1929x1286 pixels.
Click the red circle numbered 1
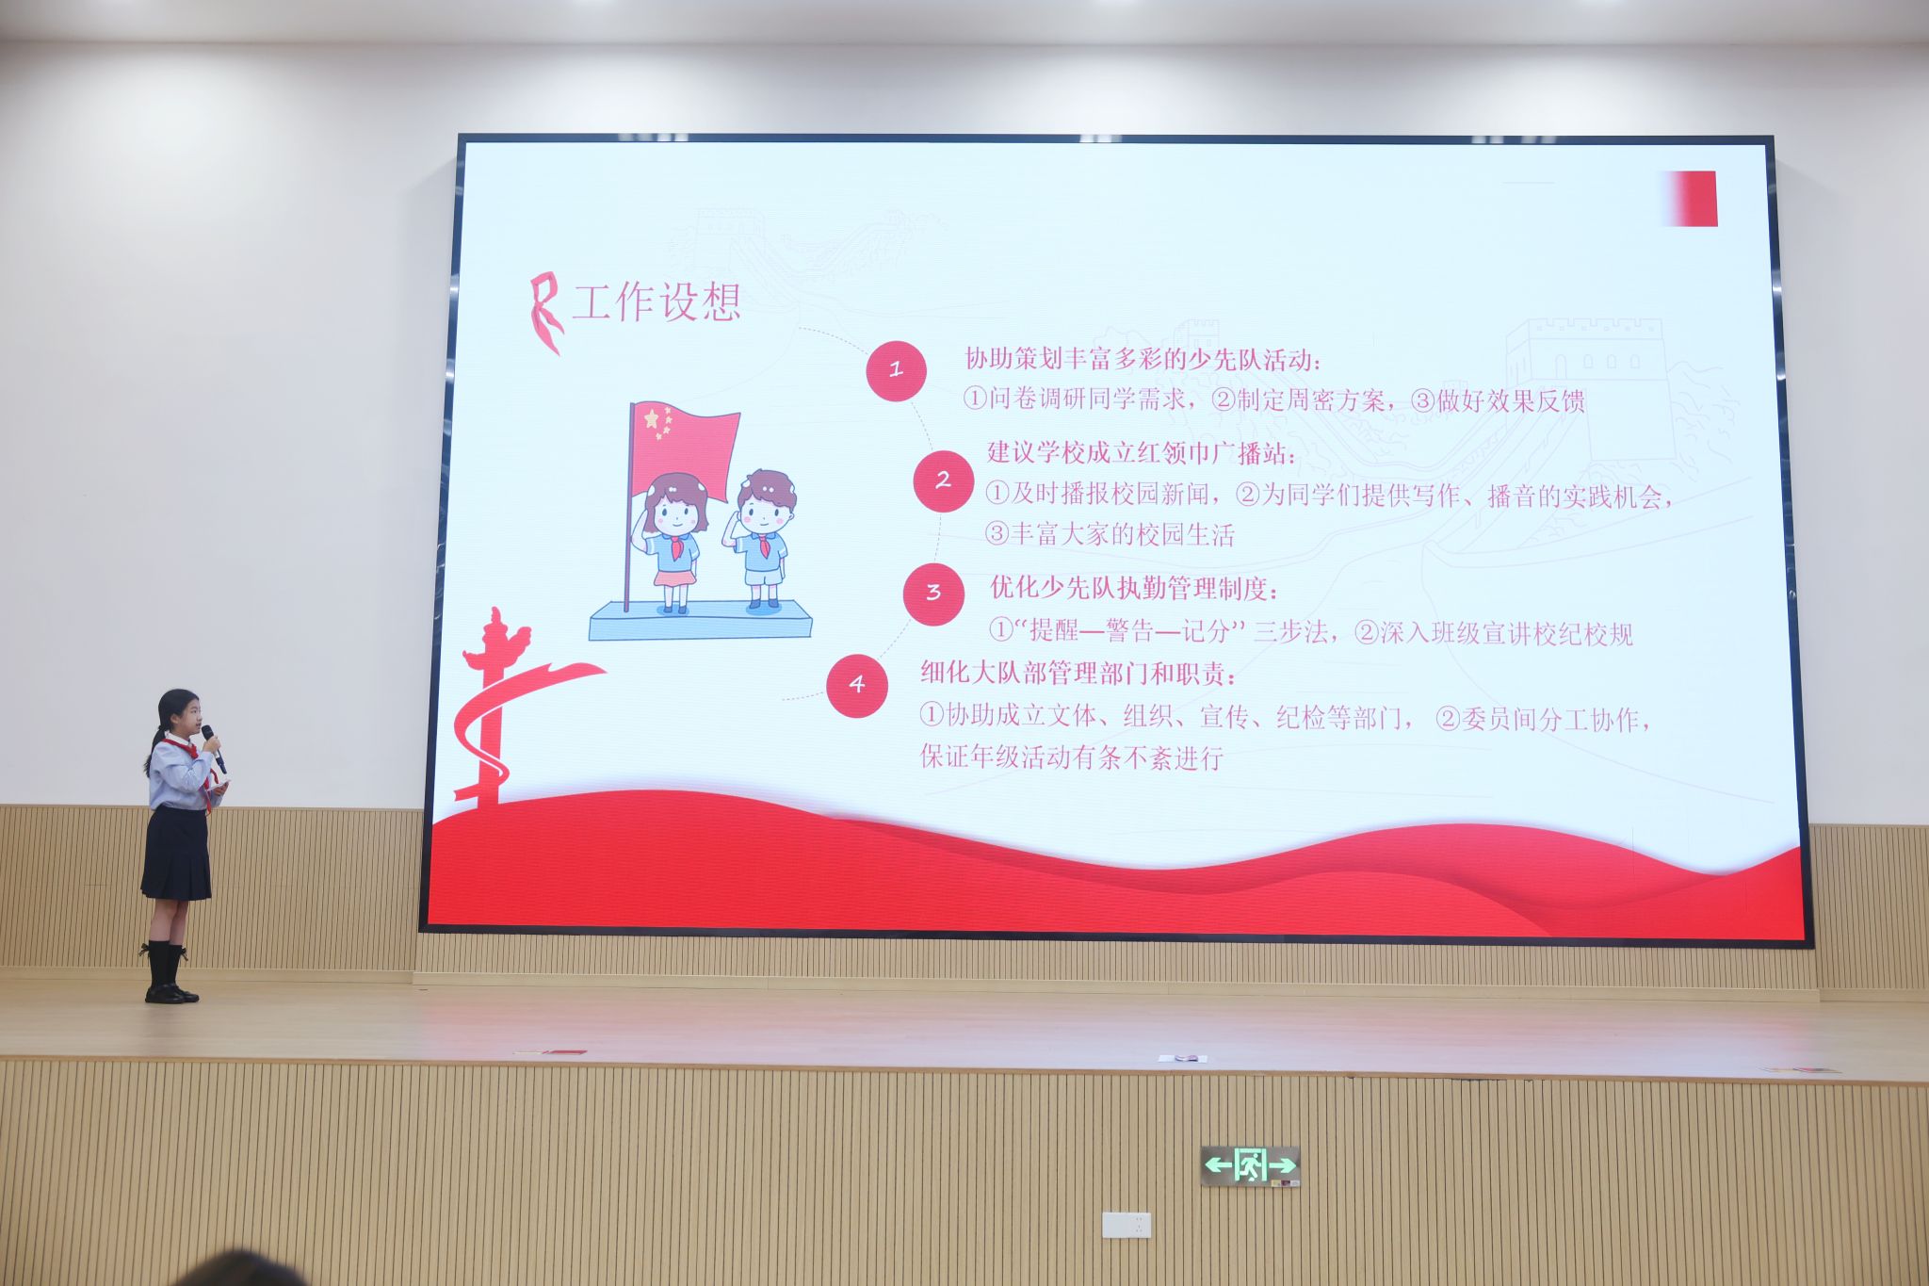click(x=896, y=370)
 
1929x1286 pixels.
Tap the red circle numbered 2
click(x=943, y=480)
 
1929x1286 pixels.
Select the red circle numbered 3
click(x=933, y=594)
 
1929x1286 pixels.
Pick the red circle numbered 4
click(x=857, y=685)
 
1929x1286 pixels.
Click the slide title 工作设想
click(x=657, y=302)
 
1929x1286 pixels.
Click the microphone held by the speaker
click(x=213, y=747)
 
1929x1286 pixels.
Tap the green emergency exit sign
click(x=1250, y=1165)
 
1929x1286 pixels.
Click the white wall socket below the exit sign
click(x=1127, y=1225)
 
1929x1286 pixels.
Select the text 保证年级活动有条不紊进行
click(x=1072, y=757)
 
